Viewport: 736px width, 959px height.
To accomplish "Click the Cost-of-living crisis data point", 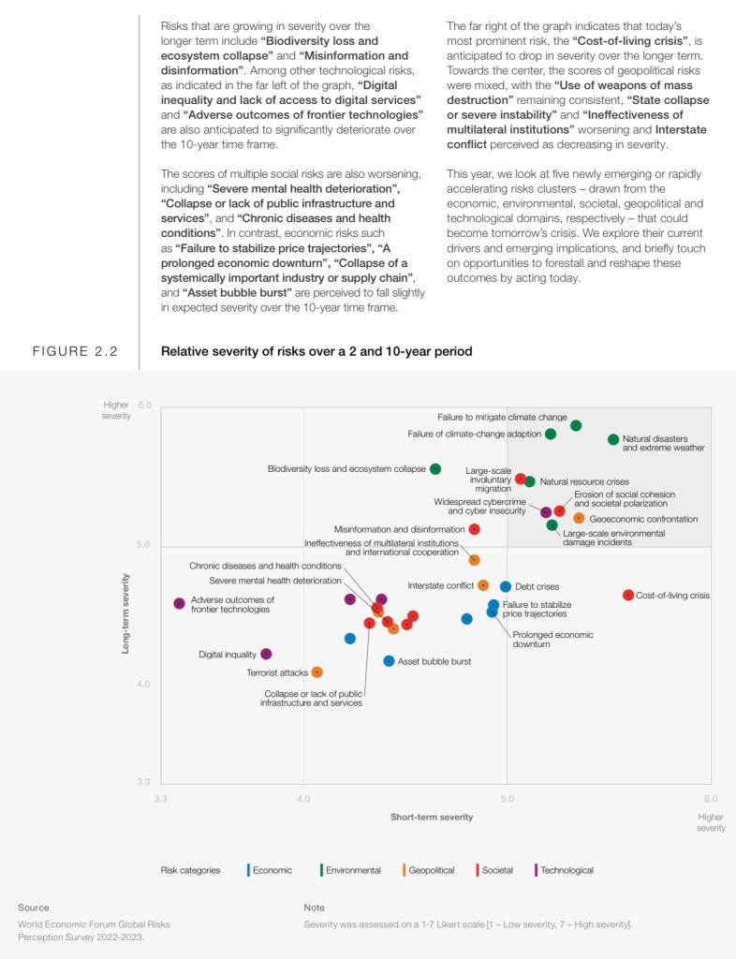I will point(628,595).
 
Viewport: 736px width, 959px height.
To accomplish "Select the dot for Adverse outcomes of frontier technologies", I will point(179,603).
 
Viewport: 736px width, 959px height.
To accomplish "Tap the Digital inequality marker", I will point(266,654).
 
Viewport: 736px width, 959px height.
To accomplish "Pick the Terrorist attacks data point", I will point(317,671).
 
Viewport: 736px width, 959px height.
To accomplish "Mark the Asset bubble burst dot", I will point(390,660).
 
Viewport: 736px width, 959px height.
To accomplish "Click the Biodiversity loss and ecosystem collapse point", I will point(435,468).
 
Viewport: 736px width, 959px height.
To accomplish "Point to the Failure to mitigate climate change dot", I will point(576,425).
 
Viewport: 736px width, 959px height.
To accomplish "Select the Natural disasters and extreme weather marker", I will point(613,439).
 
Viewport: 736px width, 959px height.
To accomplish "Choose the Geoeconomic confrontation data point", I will point(579,518).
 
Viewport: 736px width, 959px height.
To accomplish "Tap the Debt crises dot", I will point(506,586).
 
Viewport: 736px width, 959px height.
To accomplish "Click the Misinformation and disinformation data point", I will point(475,529).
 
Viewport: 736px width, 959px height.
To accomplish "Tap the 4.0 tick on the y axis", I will point(144,685).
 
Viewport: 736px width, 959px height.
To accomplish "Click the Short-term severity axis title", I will point(432,817).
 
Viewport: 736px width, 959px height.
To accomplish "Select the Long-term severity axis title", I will point(125,613).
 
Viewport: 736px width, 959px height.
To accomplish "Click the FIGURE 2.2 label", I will point(75,352).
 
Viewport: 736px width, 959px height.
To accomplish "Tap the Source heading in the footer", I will point(34,907).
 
